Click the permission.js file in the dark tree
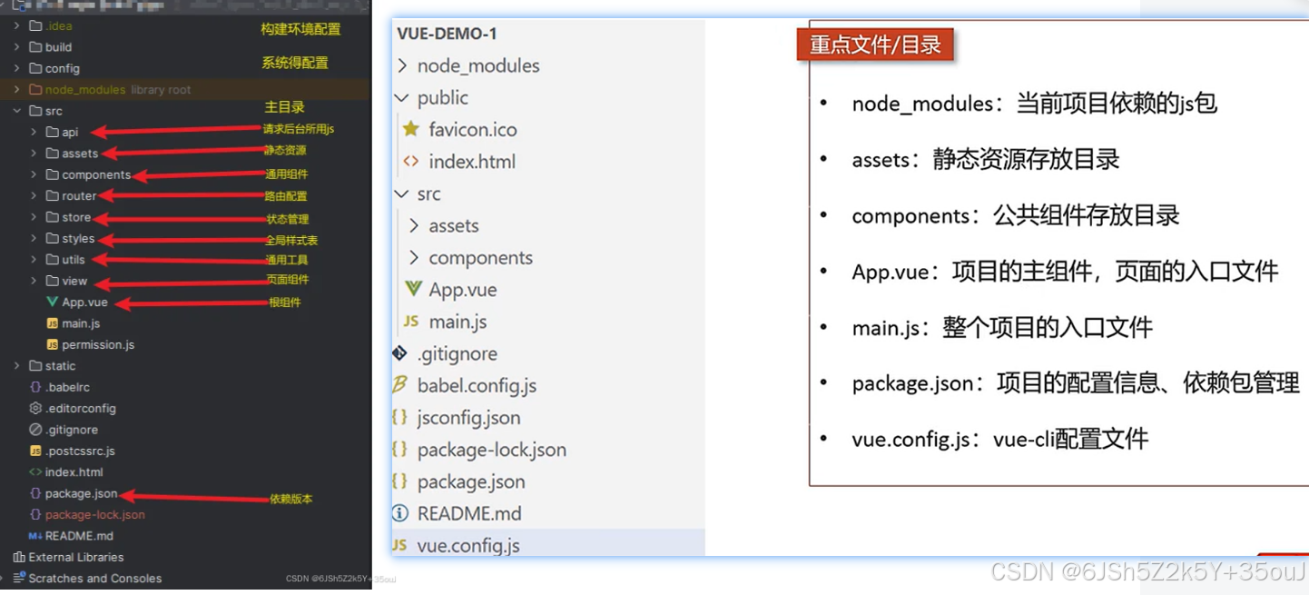point(98,345)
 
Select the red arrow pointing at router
point(182,195)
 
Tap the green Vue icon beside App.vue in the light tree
point(414,289)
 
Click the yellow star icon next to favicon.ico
point(411,129)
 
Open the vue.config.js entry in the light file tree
point(467,546)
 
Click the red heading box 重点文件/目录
point(875,45)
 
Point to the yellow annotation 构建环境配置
point(300,29)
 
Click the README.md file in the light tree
point(468,514)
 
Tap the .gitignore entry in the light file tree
point(457,354)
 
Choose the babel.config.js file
point(477,386)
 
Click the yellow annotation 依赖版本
point(290,499)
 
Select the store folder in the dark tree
point(76,218)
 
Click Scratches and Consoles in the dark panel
point(94,579)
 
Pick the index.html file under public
point(471,162)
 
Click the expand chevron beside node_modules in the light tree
point(402,65)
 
